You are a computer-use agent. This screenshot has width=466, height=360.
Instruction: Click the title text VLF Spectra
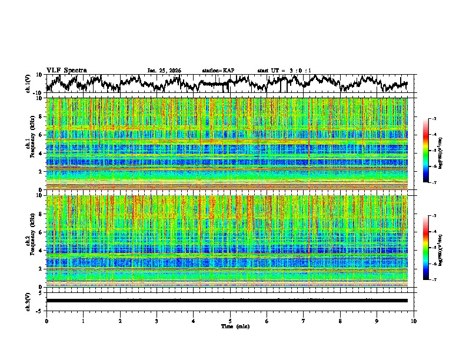point(66,70)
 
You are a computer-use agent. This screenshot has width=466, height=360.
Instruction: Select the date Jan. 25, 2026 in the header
point(164,71)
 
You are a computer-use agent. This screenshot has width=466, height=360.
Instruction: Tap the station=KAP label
point(218,71)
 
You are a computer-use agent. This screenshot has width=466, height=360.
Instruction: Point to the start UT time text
point(284,71)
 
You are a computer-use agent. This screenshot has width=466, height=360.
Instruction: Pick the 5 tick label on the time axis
point(230,321)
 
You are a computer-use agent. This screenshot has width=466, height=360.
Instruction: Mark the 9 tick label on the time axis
point(377,321)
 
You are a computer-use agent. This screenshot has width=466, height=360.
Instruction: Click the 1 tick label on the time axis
point(83,321)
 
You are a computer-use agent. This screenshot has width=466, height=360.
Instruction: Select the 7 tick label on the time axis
point(304,321)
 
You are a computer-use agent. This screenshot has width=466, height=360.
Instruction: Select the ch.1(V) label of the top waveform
point(28,84)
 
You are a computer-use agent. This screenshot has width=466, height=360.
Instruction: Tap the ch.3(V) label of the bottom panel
point(28,301)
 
